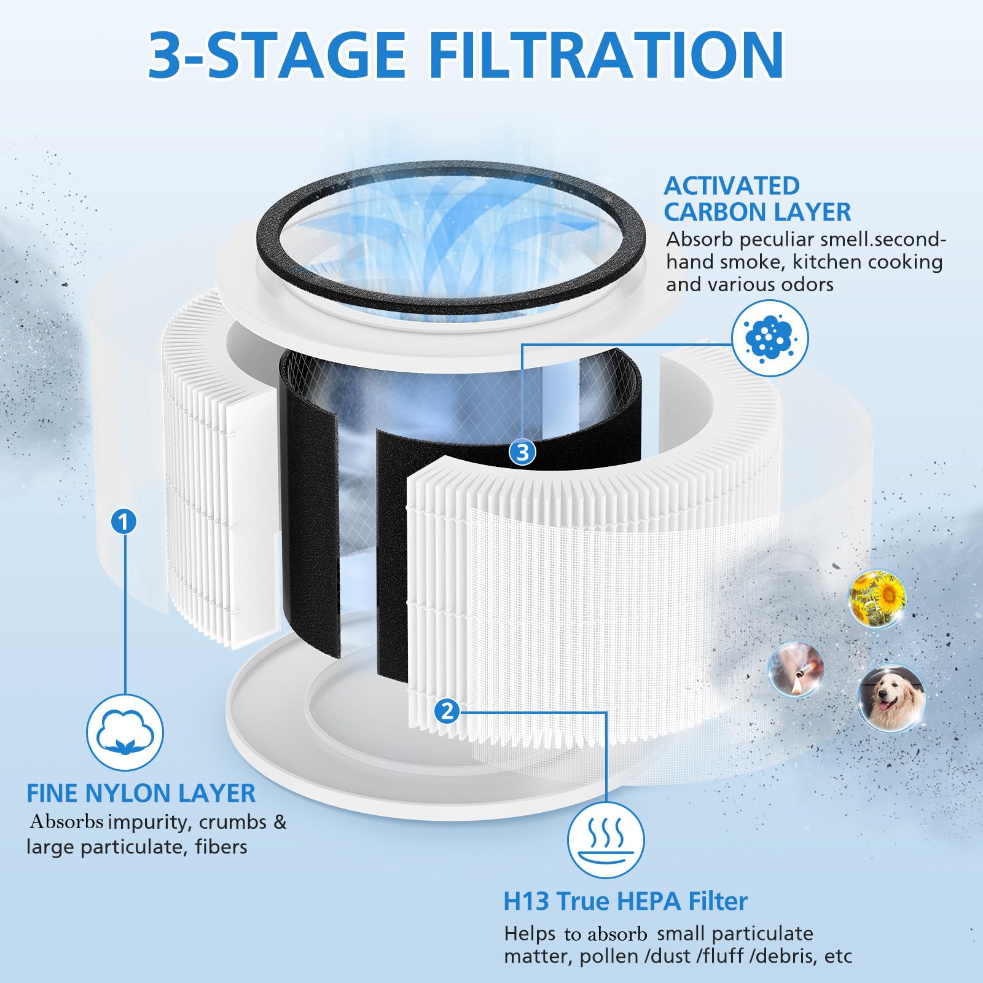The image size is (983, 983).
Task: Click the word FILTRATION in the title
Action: coord(605,55)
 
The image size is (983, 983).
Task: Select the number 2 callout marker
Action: coord(447,711)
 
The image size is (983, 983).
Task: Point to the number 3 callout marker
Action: coord(522,453)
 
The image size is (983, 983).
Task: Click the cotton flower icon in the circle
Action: coord(125,732)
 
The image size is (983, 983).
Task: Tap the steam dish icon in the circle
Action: coord(606,840)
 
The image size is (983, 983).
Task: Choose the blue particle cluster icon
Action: coord(770,338)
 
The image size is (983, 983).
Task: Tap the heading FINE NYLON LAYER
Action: coord(141,793)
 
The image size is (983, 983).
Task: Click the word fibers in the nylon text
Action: coord(221,847)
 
